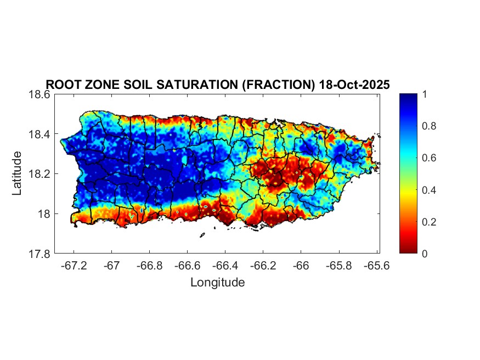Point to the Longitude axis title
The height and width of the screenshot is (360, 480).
(217, 283)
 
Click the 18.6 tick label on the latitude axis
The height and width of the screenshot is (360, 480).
(39, 94)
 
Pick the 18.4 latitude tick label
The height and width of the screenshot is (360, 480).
(39, 134)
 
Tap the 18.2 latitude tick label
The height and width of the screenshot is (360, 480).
(39, 174)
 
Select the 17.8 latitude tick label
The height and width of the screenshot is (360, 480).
(39, 254)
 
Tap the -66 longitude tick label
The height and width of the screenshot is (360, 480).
(301, 265)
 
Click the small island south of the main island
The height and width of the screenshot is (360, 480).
(202, 235)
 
